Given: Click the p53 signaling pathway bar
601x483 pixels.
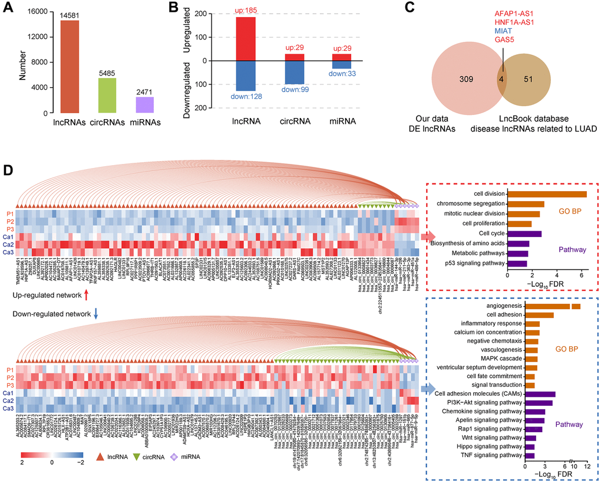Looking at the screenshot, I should [x=516, y=264].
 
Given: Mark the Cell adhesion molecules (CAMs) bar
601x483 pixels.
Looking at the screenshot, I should [x=540, y=394].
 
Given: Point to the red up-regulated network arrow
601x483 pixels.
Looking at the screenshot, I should [x=87, y=292].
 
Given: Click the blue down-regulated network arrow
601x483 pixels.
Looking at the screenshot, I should [x=95, y=314].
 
